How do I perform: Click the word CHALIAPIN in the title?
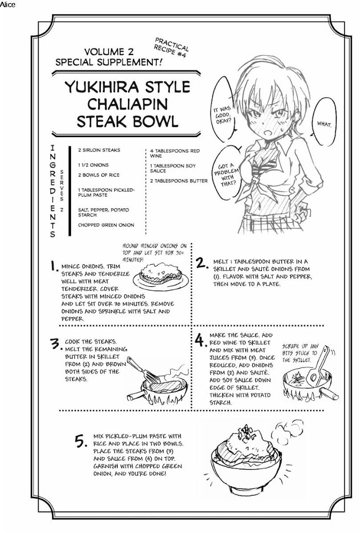point(128,104)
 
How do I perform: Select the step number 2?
point(202,263)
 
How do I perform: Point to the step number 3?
point(56,344)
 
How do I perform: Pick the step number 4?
point(200,340)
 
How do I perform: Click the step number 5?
point(81,442)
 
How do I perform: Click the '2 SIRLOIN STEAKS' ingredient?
point(99,150)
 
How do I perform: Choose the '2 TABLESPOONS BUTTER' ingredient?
point(179,181)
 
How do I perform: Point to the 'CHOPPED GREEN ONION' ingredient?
point(106,225)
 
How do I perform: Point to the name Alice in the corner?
point(7,5)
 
